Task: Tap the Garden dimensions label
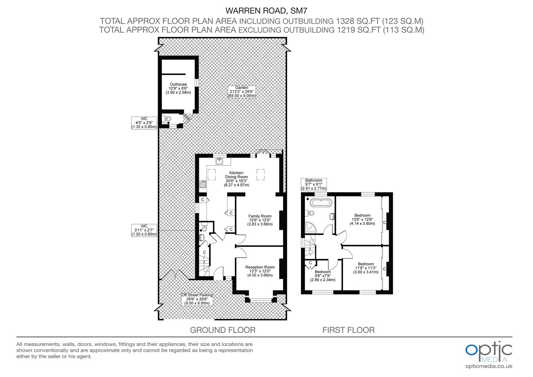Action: point(242,91)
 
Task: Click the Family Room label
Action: point(260,220)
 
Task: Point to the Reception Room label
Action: point(260,271)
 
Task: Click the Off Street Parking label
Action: point(197,299)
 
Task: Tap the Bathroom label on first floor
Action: point(314,184)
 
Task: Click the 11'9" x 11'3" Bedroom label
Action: point(366,268)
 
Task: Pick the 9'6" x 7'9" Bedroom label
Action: point(323,276)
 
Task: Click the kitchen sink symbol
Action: point(219,161)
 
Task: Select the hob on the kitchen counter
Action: point(203,184)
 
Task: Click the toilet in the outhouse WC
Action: point(167,119)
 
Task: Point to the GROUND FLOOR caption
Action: point(223,330)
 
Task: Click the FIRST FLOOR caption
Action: point(348,330)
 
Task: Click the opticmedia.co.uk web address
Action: point(489,366)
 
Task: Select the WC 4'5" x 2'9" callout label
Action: point(144,123)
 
